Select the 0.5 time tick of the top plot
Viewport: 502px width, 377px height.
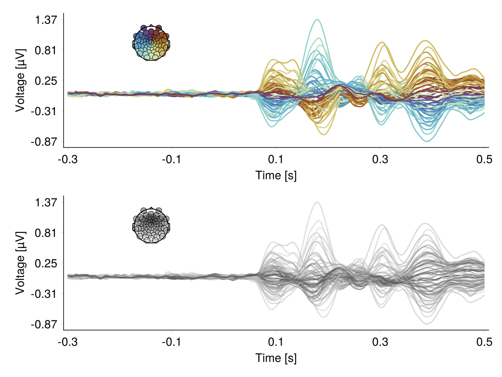pos(484,160)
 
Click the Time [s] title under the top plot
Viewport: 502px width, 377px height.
pos(276,176)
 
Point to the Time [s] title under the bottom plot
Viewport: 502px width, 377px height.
pos(276,358)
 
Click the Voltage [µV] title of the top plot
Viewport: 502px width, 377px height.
pos(20,80)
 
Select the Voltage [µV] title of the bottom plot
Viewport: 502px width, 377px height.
pos(20,263)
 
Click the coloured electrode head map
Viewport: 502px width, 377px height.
pos(151,42)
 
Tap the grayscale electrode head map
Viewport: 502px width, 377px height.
pos(151,225)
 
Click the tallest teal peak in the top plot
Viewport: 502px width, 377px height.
pos(318,20)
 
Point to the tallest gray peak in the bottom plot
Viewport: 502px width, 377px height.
pos(318,203)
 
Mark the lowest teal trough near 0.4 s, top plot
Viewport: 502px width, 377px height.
pos(427,141)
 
